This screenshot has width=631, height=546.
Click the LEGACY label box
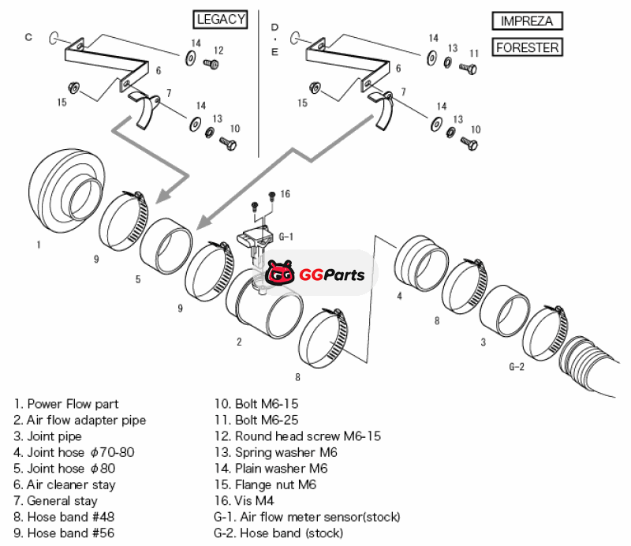pos(220,19)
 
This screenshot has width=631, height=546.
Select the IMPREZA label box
pos(527,21)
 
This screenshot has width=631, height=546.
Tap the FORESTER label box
pos(528,47)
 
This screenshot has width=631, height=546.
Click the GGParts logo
pos(315,275)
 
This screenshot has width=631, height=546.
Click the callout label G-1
pos(286,236)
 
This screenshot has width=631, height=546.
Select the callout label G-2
pos(517,367)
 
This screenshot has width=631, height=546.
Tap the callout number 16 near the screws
pos(286,194)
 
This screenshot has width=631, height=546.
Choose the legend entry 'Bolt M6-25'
pos(256,420)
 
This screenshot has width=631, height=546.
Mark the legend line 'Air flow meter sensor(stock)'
pos(307,517)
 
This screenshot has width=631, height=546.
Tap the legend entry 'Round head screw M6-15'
pos(298,436)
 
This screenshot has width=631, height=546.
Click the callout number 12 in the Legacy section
pos(218,50)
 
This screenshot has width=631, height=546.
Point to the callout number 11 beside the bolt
pos(474,54)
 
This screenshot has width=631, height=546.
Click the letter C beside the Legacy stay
pos(28,36)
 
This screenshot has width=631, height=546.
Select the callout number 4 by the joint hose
pos(399,297)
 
